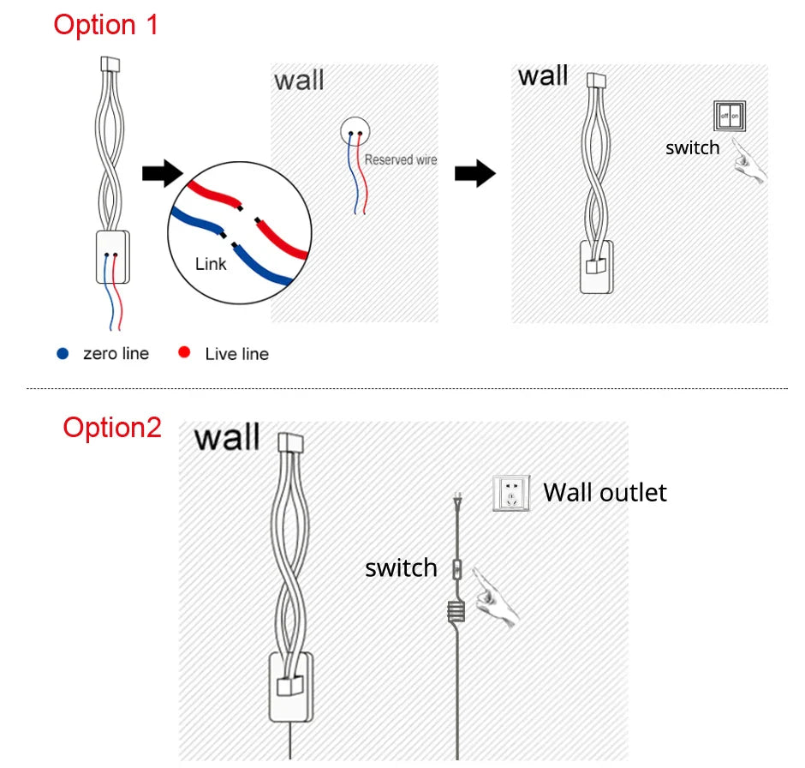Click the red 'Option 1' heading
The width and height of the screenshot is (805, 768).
coord(106,24)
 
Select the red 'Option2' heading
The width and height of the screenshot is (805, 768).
coord(112,427)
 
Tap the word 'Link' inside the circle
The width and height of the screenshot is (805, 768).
coord(211,263)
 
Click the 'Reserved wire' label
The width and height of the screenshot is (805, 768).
coord(400,159)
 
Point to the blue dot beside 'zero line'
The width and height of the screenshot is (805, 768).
coord(63,353)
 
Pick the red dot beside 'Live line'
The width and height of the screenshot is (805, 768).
coord(184,353)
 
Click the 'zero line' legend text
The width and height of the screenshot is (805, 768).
coord(116,353)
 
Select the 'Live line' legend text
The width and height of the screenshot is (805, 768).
coord(236,354)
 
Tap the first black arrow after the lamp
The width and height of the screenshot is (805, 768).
coord(162,173)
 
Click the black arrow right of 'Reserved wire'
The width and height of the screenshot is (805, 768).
coord(474,174)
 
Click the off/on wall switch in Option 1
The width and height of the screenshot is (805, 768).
coord(730,115)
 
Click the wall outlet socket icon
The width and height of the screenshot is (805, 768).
coord(511,494)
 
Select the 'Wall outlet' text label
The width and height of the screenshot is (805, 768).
coord(605,492)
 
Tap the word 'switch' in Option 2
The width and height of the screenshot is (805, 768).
coord(401,567)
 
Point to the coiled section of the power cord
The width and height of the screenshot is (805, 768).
coord(457,611)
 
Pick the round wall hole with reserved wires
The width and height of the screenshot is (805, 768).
coord(356,131)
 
